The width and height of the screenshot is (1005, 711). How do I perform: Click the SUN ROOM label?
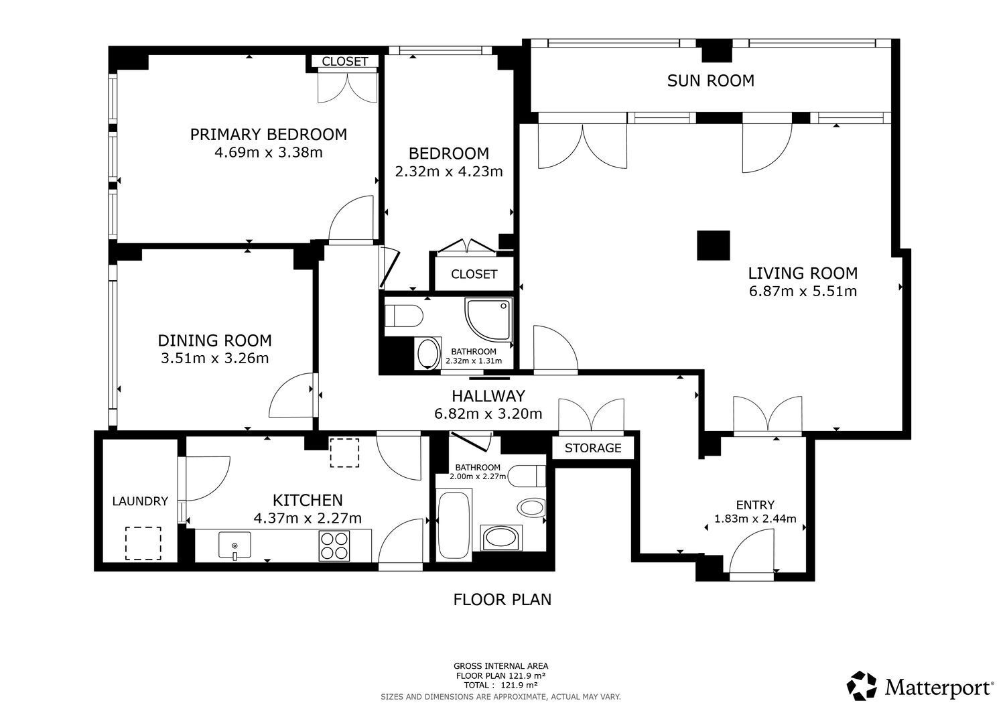click(710, 81)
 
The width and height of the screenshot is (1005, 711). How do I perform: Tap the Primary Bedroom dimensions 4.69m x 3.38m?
click(268, 153)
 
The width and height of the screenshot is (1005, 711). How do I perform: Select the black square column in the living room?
click(714, 245)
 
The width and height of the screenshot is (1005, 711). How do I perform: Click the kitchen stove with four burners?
click(334, 546)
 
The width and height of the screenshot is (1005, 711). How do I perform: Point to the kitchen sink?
click(234, 545)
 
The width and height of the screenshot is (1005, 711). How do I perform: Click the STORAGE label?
click(593, 448)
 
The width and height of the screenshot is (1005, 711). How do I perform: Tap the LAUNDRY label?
click(140, 501)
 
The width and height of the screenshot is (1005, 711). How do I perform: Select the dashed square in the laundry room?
click(143, 543)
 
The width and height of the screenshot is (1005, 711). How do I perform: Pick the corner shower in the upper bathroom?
click(488, 320)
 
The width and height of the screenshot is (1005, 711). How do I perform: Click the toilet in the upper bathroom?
click(404, 316)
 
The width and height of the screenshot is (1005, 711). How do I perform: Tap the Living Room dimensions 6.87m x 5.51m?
click(803, 292)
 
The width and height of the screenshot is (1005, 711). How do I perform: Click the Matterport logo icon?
click(862, 686)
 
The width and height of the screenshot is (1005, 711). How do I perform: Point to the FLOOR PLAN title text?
click(502, 600)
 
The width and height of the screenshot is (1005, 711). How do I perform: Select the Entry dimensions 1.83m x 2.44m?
click(755, 519)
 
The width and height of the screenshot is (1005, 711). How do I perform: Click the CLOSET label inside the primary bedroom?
click(344, 62)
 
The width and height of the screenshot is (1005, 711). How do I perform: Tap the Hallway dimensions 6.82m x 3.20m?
click(488, 413)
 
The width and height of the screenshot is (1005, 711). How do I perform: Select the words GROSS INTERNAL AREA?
click(500, 666)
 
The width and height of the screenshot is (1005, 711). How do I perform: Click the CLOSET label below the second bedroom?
click(474, 274)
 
